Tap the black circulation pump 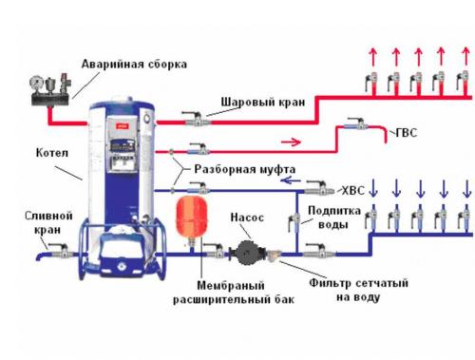(246, 254)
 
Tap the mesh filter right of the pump (275, 256)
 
